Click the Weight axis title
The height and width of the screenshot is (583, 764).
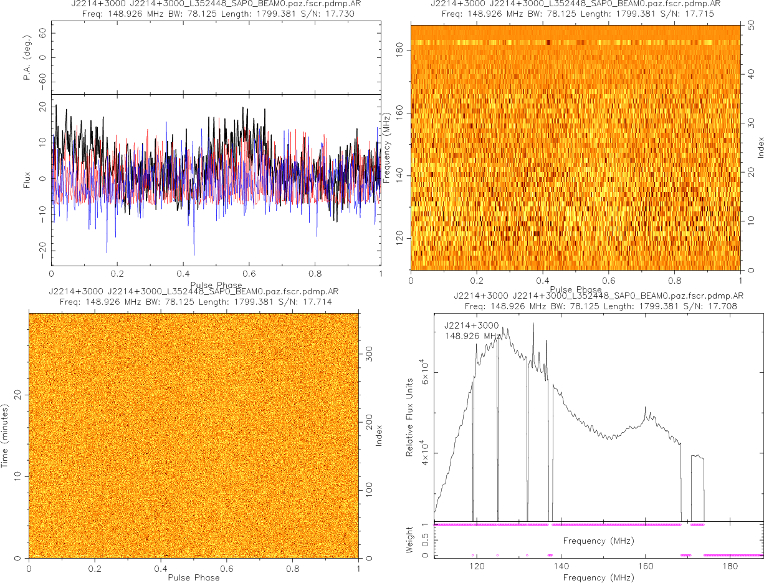410,540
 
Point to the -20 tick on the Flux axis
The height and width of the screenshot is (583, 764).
41,251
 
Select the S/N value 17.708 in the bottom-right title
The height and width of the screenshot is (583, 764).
726,306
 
